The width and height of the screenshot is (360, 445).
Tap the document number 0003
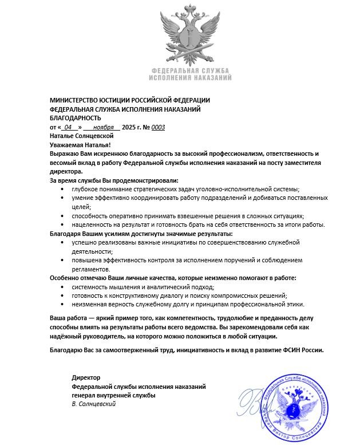tap(157, 127)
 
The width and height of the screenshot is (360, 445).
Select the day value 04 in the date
tap(69, 127)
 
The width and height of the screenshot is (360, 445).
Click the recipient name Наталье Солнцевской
tap(81, 136)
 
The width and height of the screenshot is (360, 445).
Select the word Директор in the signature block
tap(86, 377)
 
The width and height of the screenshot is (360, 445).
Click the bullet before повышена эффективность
tap(62, 261)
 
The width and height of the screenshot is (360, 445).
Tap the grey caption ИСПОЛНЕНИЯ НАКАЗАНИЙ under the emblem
tap(190, 77)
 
